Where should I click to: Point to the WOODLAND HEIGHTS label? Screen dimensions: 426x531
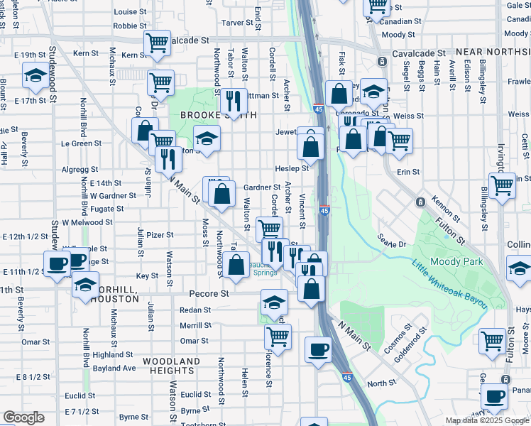click(171, 361)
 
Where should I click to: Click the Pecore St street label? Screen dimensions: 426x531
click(208, 293)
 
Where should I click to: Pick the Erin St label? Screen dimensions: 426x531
click(409, 172)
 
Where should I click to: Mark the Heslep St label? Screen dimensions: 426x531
click(292, 168)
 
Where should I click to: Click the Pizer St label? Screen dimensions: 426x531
click(160, 234)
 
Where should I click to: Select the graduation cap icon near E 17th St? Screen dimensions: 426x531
click(34, 74)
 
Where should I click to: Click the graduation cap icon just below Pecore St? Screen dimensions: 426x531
click(274, 302)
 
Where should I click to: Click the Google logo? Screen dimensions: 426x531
click(23, 417)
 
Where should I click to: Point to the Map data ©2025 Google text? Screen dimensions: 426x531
click(488, 420)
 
